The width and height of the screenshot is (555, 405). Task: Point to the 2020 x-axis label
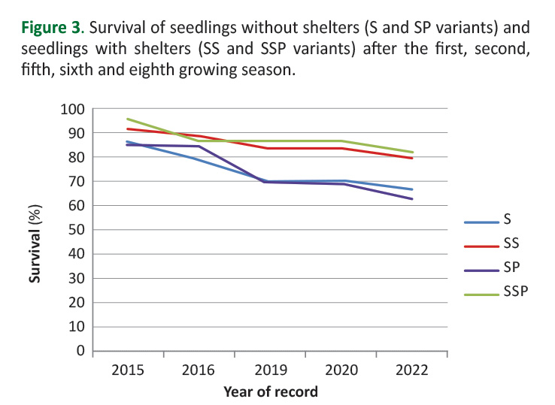[x=341, y=370]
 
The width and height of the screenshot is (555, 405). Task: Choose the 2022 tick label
[x=412, y=370]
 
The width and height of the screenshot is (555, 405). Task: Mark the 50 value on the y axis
[x=75, y=230]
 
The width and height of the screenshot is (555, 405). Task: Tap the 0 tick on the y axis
[x=79, y=351]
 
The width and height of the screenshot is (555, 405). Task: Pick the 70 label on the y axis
[x=75, y=182]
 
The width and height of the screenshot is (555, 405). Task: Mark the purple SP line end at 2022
[x=412, y=199]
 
